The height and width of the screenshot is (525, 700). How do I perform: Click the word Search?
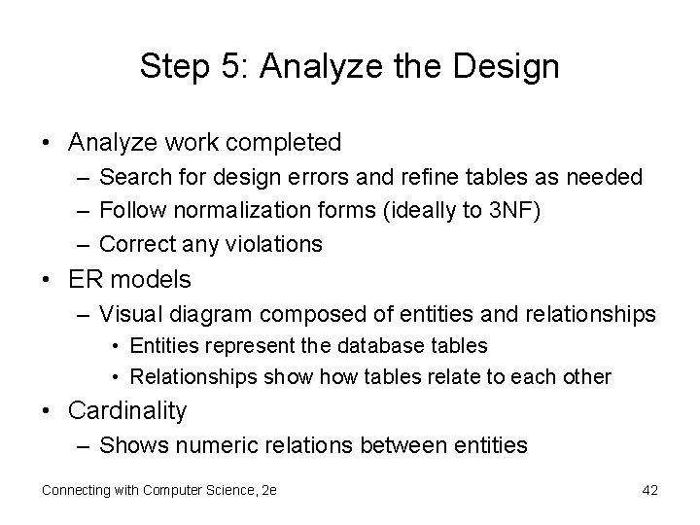134,178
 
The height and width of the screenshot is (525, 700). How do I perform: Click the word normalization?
230,210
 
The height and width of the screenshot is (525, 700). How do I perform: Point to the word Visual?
131,314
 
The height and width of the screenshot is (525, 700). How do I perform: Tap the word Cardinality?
127,411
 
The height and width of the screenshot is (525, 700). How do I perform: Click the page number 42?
649,490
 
